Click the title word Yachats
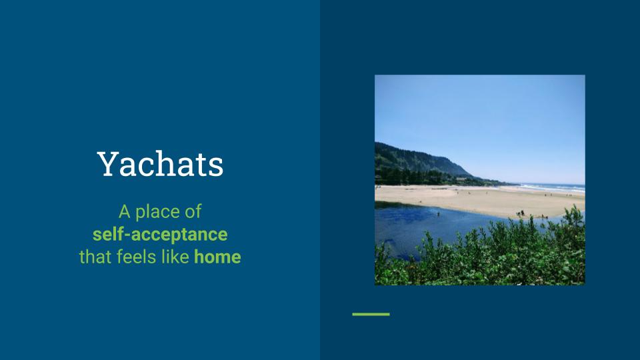click(x=160, y=164)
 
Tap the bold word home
click(x=217, y=257)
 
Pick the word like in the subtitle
click(x=175, y=257)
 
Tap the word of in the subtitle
click(x=193, y=212)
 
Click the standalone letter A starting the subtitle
click(x=125, y=212)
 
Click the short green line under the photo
click(x=371, y=314)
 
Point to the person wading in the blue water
click(x=439, y=213)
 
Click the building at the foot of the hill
click(x=461, y=179)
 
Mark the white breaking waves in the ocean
click(x=551, y=187)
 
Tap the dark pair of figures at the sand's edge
click(x=521, y=213)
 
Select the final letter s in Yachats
click(x=216, y=167)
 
